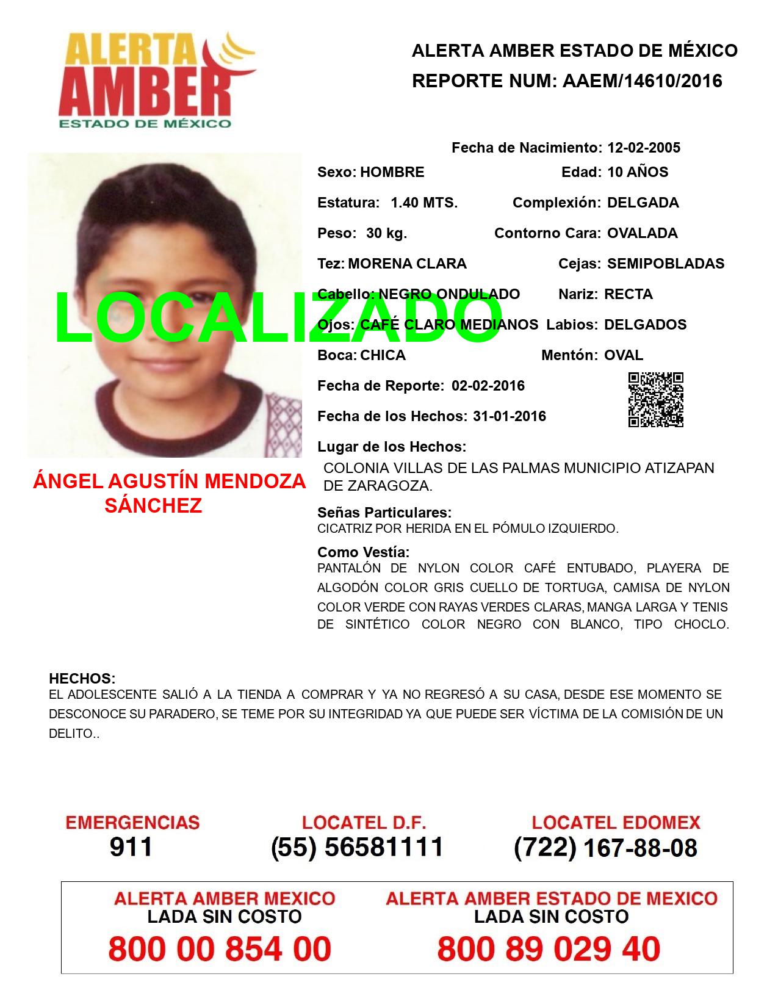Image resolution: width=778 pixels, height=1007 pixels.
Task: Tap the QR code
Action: [x=655, y=400]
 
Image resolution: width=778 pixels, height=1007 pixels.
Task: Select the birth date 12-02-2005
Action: [x=643, y=148]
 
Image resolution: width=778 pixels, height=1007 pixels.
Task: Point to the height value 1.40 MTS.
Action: [x=424, y=203]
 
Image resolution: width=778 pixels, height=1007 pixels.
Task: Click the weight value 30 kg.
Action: [x=386, y=233]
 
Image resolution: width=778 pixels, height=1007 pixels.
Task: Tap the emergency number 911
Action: [x=131, y=847]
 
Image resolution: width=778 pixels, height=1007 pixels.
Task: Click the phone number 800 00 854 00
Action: [x=220, y=949]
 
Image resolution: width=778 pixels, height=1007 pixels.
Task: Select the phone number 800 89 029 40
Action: [x=549, y=949]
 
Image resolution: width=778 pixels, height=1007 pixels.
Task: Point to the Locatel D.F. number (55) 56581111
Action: [x=357, y=847]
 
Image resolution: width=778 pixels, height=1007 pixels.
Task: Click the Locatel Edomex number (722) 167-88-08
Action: [x=605, y=847]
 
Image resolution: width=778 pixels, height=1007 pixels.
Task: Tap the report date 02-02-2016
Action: [x=488, y=386]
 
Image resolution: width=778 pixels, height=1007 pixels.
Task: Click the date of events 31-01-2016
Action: [x=510, y=416]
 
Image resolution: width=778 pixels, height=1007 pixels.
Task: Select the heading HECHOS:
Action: [x=82, y=679]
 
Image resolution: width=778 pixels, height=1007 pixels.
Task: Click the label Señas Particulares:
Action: [x=384, y=513]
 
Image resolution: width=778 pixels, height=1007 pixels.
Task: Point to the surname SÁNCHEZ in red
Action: [x=153, y=506]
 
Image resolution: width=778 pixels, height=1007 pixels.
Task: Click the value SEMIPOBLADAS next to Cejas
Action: [x=666, y=264]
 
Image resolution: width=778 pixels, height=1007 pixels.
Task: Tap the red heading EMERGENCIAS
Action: [x=132, y=823]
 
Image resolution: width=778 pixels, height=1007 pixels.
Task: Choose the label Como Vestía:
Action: [x=363, y=552]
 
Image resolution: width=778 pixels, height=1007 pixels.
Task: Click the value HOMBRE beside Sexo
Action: [x=392, y=172]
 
